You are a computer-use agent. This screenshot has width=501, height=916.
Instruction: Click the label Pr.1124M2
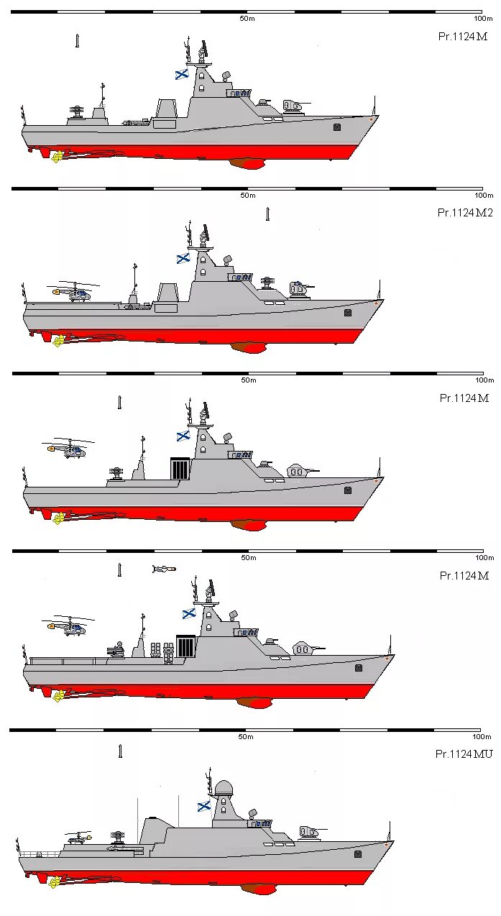point(464,212)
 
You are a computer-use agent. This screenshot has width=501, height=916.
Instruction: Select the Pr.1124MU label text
point(463,754)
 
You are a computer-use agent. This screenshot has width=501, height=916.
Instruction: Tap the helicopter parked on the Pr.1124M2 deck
point(75,292)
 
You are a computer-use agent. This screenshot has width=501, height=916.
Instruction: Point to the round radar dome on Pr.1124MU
point(224,788)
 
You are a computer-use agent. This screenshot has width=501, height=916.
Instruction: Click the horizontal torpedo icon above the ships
point(164,569)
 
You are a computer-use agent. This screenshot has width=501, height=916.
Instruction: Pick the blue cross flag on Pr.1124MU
point(204,805)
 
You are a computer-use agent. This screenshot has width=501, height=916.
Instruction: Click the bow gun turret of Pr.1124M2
point(298,289)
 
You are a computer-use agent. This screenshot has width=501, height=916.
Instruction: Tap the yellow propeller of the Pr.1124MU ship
point(54,882)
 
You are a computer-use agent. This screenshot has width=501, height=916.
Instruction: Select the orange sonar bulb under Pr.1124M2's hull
point(249,348)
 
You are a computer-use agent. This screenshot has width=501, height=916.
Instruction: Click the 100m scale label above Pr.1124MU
point(481,737)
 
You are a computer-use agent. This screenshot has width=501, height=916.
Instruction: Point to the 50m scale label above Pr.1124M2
point(247,196)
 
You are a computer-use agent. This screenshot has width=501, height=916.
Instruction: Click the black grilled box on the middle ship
point(180,469)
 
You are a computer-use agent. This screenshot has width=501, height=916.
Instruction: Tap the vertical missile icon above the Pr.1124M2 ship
point(267,214)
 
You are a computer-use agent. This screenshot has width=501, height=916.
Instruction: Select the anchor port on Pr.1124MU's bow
point(358,853)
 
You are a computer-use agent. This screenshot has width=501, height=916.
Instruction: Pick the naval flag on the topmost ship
point(182,73)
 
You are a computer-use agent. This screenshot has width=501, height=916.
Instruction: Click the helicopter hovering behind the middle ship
point(67,450)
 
